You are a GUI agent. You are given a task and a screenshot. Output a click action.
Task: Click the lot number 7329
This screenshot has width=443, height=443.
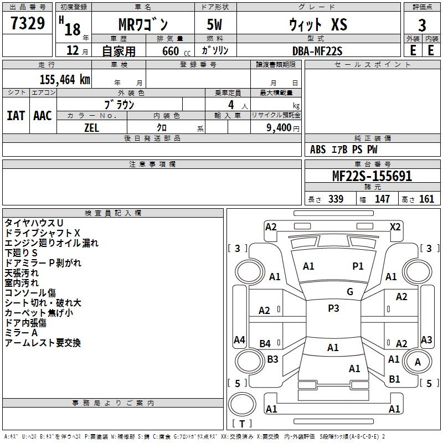tap(28, 23)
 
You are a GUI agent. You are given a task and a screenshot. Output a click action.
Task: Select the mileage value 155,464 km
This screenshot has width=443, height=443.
tap(65, 80)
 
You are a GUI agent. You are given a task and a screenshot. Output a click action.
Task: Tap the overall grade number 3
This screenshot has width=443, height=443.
tap(422, 25)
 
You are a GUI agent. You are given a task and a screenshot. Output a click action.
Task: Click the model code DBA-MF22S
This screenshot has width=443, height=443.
tap(317, 51)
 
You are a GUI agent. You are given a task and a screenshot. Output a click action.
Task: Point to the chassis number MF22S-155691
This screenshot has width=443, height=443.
tap(372, 176)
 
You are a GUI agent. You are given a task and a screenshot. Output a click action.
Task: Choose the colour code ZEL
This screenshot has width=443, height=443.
tap(91, 128)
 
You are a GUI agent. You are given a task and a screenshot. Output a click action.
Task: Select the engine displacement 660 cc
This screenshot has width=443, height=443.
tap(176, 51)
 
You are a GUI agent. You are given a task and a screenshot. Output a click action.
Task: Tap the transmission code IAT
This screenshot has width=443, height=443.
tap(16, 116)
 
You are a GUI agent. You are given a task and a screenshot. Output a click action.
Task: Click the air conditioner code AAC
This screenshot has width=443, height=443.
tap(43, 116)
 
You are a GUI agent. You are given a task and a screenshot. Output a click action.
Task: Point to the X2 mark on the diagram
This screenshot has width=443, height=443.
tap(395, 227)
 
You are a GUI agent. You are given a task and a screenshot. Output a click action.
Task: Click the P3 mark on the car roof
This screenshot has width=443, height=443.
tap(333, 308)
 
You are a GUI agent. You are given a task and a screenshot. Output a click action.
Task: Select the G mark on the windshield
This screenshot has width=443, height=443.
tap(350, 292)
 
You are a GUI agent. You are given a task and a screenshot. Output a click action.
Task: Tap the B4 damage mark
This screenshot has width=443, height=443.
tap(265, 343)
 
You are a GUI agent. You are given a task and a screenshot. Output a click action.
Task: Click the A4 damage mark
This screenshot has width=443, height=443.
tap(239, 339)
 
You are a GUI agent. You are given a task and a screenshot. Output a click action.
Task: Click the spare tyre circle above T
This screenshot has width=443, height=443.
tap(242, 404)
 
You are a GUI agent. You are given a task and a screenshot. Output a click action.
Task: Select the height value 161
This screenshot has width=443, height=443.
tap(426, 199)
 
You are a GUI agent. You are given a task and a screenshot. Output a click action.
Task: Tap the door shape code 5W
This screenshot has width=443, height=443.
tap(214, 24)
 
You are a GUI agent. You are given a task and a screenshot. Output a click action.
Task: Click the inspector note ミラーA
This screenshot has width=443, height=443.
tap(21, 333)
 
